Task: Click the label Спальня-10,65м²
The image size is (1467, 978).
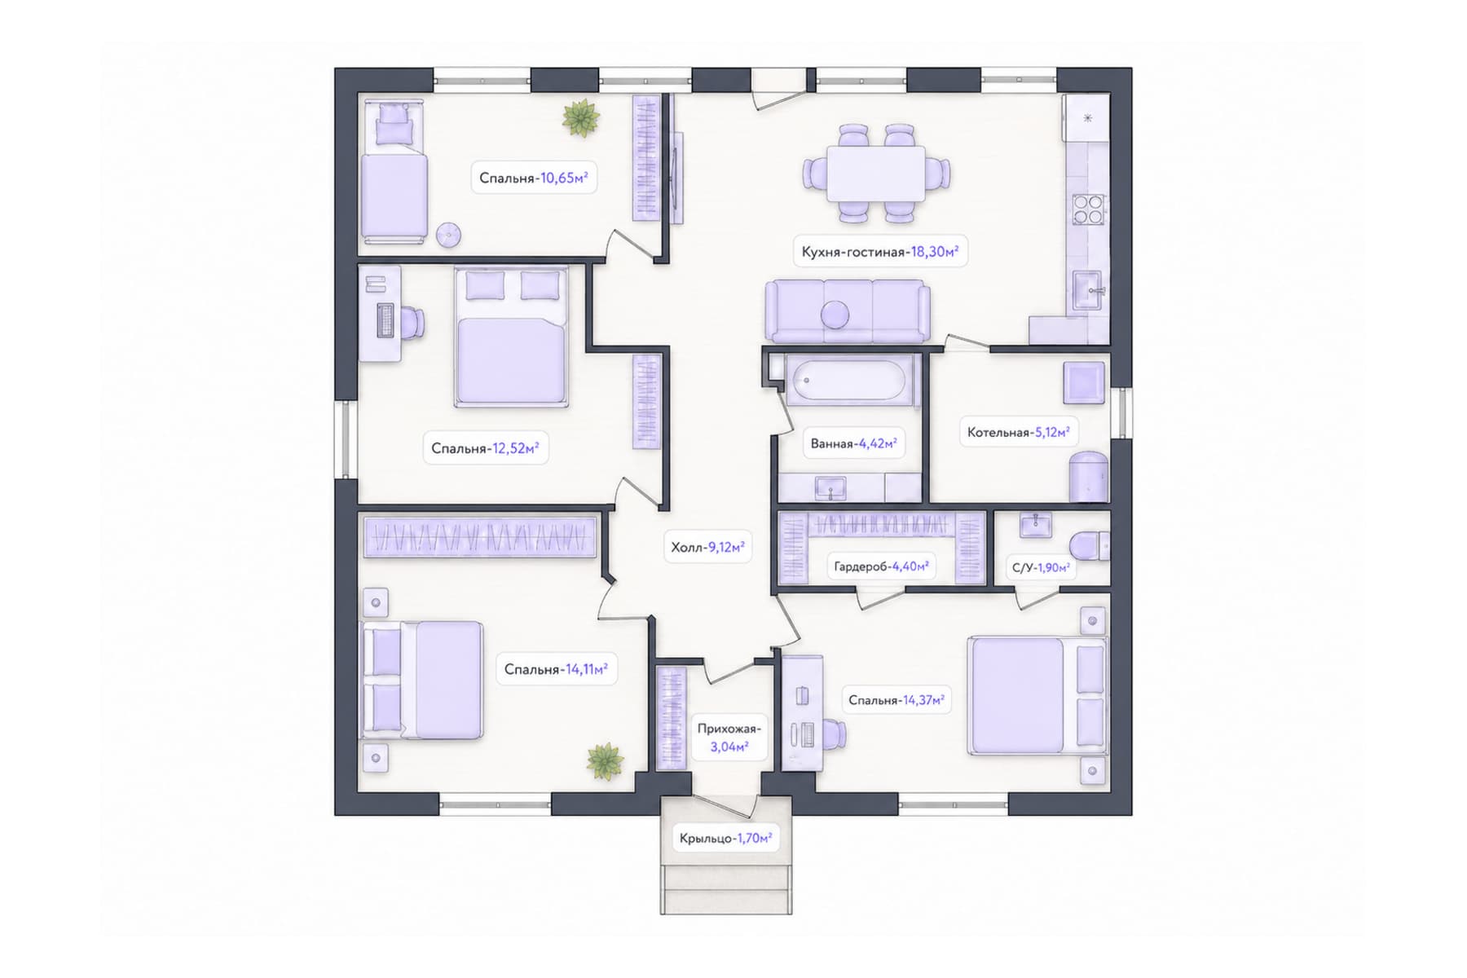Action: [534, 178]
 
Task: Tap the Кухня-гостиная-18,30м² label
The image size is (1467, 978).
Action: [879, 252]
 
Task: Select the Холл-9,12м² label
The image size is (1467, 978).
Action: [707, 547]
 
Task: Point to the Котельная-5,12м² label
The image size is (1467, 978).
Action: [1018, 432]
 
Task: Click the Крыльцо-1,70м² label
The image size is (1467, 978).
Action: [725, 838]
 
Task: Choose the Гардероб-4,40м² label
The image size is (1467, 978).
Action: [881, 566]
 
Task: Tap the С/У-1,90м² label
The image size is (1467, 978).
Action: [1041, 567]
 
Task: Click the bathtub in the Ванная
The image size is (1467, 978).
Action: [850, 379]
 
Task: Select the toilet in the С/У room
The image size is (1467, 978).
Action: [1090, 544]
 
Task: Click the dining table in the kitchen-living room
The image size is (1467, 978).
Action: [876, 174]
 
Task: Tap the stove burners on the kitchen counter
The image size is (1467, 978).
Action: [1088, 209]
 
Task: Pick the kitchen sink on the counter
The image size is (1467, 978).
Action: [1088, 289]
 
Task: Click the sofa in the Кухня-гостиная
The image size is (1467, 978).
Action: [847, 311]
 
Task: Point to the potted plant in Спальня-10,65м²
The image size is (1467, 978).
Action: [580, 118]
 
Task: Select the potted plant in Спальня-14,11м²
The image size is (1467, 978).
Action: [605, 762]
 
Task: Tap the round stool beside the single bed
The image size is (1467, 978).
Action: [447, 235]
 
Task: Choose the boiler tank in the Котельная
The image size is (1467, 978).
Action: [1089, 476]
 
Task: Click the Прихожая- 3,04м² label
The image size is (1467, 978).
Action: [729, 737]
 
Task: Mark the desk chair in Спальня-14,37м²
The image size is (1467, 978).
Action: [833, 735]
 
